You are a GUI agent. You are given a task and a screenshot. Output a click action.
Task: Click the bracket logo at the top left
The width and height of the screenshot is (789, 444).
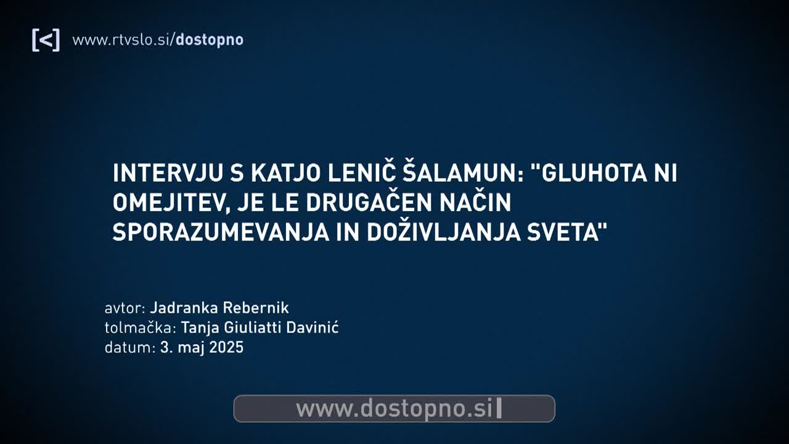[x=46, y=40]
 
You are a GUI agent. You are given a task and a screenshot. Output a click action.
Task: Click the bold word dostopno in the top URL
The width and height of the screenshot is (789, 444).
[x=210, y=40]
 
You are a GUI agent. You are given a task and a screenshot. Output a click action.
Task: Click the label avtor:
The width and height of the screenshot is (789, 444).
[x=125, y=308]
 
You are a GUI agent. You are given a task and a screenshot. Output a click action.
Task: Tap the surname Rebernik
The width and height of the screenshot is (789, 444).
[x=256, y=308]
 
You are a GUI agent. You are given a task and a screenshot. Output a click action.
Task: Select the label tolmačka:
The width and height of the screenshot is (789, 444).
[x=141, y=327]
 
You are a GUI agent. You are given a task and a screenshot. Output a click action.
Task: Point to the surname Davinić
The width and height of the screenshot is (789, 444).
[x=313, y=327]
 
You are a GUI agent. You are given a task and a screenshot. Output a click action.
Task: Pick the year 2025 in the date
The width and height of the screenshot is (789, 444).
[x=226, y=347]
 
